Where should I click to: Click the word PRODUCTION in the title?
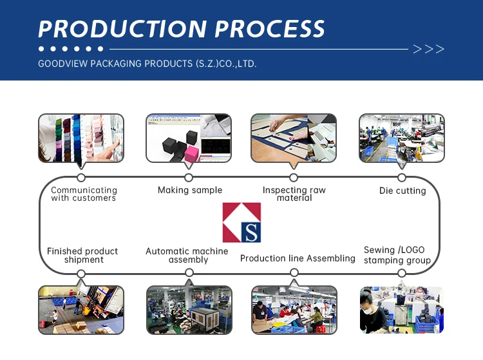(122, 29)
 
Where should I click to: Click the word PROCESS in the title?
(270, 29)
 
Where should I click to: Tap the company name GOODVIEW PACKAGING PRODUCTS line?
(147, 64)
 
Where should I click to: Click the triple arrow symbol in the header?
(428, 49)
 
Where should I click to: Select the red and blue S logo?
(241, 222)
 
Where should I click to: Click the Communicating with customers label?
(84, 194)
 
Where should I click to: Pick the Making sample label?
(190, 190)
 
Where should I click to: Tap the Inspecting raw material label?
(294, 194)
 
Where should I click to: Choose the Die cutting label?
(402, 191)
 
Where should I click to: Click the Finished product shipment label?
(83, 255)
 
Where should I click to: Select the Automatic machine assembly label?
(187, 255)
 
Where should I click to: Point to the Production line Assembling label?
(298, 258)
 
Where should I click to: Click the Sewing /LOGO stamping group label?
(397, 255)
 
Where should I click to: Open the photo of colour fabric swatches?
(81, 138)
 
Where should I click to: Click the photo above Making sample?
(188, 138)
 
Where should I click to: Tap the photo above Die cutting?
(401, 138)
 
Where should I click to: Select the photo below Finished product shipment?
(81, 310)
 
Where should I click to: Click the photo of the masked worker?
(401, 310)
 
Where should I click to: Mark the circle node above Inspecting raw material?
(294, 178)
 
